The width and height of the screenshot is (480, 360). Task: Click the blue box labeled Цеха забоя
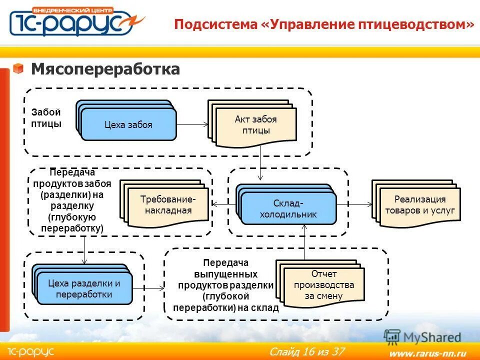tap(128, 124)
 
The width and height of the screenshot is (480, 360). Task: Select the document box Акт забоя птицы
tap(255, 125)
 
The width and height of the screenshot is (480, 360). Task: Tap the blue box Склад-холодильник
tap(288, 209)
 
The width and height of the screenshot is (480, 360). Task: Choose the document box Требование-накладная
tap(168, 205)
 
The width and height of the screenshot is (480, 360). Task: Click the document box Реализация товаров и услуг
tap(419, 204)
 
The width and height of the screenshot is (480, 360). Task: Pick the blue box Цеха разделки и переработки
tap(84, 288)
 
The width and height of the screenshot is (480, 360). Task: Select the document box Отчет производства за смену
tap(323, 285)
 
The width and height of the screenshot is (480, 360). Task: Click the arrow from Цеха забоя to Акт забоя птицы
tap(192, 124)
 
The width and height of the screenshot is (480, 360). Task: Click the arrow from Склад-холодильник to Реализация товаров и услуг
tap(354, 204)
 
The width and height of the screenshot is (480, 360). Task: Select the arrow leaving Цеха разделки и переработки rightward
tap(148, 288)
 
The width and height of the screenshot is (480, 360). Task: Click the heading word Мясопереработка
tap(105, 69)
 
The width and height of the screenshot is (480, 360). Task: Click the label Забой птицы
tap(46, 118)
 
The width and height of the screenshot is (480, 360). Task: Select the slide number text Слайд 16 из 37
tap(306, 351)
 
